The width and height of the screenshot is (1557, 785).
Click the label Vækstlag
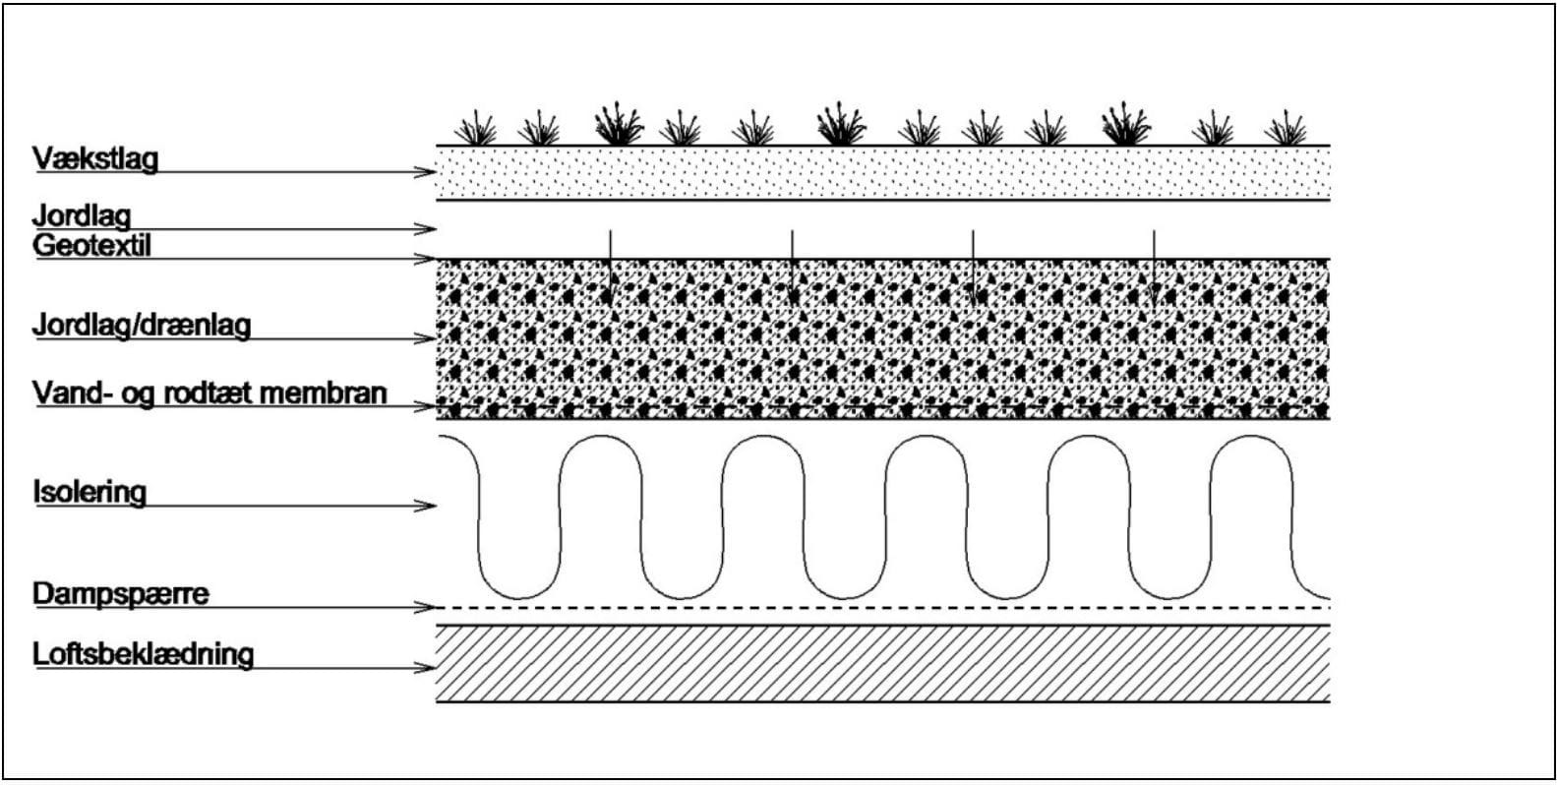tap(95, 159)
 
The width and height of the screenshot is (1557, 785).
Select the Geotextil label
tap(92, 246)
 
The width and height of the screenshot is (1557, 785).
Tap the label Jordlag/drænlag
tap(142, 325)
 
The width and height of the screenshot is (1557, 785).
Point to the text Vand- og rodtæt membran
tap(210, 393)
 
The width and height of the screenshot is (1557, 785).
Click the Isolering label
tap(90, 492)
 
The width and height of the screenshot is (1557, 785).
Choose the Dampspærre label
tap(120, 594)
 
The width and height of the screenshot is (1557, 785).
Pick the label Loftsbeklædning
tap(144, 654)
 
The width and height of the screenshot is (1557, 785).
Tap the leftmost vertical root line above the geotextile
tap(611, 261)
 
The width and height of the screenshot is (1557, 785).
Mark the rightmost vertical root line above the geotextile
tap(1154, 261)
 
